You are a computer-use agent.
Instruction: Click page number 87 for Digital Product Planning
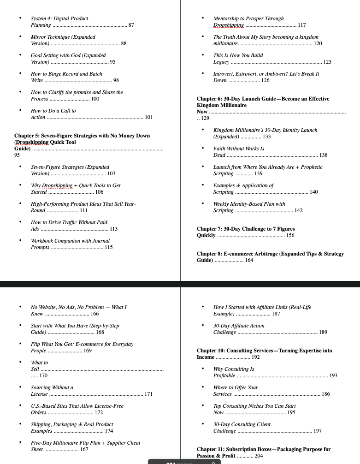point(131,25)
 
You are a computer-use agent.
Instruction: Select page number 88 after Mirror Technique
point(124,44)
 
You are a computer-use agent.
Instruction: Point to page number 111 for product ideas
point(84,211)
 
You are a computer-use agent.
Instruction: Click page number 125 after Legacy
point(327,62)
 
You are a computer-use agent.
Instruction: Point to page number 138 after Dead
point(323,155)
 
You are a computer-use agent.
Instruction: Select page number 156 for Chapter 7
point(290,236)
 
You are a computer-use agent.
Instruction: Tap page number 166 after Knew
point(94,314)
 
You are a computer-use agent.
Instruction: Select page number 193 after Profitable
point(333,376)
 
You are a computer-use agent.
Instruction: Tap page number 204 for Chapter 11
point(259,456)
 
